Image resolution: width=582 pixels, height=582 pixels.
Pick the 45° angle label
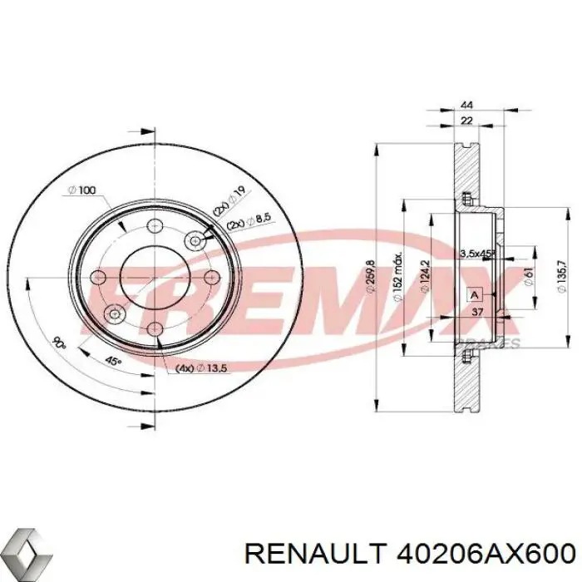(x=111, y=360)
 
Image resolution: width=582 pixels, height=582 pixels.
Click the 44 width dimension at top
(x=466, y=106)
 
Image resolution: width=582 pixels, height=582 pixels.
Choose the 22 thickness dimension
(x=466, y=122)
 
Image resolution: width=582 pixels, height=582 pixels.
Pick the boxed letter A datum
(x=475, y=295)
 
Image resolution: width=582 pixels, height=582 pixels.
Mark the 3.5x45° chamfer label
(x=477, y=252)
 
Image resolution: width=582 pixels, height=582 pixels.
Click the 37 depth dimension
(x=476, y=313)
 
